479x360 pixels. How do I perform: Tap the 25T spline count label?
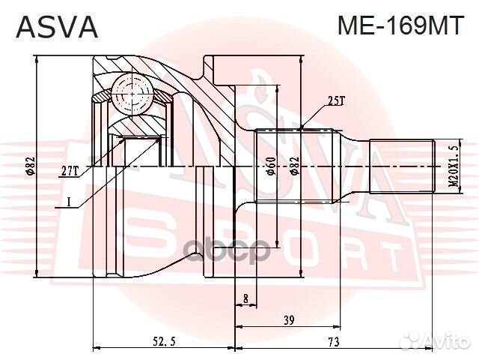coord(336,100)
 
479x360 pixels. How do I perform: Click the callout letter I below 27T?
coord(68,202)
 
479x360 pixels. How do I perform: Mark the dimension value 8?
coord(245,299)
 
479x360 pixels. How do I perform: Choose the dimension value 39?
coord(287,320)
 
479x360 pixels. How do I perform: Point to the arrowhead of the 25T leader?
coord(301,127)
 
